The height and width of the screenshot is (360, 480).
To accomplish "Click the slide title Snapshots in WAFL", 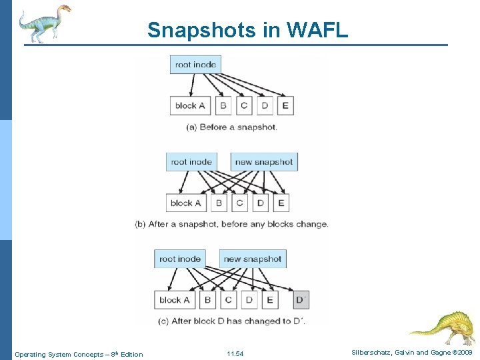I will pyautogui.click(x=247, y=30).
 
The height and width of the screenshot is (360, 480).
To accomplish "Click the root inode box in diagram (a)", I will pyautogui.click(x=195, y=65).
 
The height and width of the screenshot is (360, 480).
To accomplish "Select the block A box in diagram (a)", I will pyautogui.click(x=190, y=105).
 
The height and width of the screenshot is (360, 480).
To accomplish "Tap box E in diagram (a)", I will pyautogui.click(x=285, y=105).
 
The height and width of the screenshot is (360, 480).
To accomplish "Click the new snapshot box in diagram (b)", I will pyautogui.click(x=263, y=162).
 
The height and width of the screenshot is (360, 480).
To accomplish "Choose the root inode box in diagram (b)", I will pyautogui.click(x=191, y=162).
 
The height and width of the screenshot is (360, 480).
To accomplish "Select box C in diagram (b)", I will pyautogui.click(x=239, y=203).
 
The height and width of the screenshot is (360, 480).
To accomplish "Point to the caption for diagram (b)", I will pyautogui.click(x=231, y=224).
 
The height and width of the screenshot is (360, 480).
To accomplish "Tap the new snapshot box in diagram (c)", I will pyautogui.click(x=252, y=259).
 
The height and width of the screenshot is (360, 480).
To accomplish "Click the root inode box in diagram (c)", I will pyautogui.click(x=179, y=259).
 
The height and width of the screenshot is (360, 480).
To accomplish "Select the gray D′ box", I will pyautogui.click(x=301, y=300).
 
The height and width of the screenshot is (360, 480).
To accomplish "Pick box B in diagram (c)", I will pyautogui.click(x=207, y=300).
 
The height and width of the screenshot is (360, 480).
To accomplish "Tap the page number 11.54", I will pyautogui.click(x=235, y=354).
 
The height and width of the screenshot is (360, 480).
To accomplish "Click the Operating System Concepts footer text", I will pyautogui.click(x=79, y=354).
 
